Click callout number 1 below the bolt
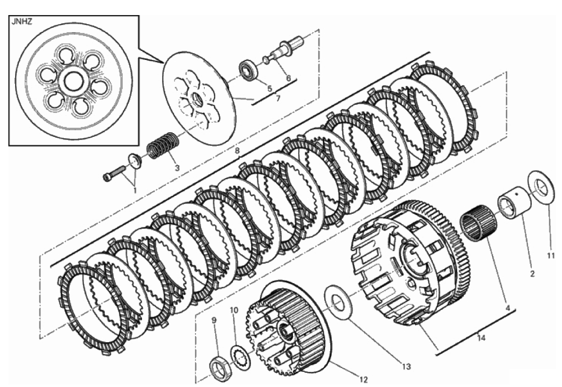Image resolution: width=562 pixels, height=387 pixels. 135,190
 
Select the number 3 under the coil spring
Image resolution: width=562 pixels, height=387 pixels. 177,168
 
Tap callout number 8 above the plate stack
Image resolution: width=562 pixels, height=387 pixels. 237,151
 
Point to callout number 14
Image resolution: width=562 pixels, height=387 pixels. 481,337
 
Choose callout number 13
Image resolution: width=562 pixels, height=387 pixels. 406,367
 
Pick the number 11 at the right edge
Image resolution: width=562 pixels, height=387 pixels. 551,255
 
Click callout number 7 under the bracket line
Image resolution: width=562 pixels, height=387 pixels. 278,98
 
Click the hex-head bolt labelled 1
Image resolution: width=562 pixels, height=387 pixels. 114,174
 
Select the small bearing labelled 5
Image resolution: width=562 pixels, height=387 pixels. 247,70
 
